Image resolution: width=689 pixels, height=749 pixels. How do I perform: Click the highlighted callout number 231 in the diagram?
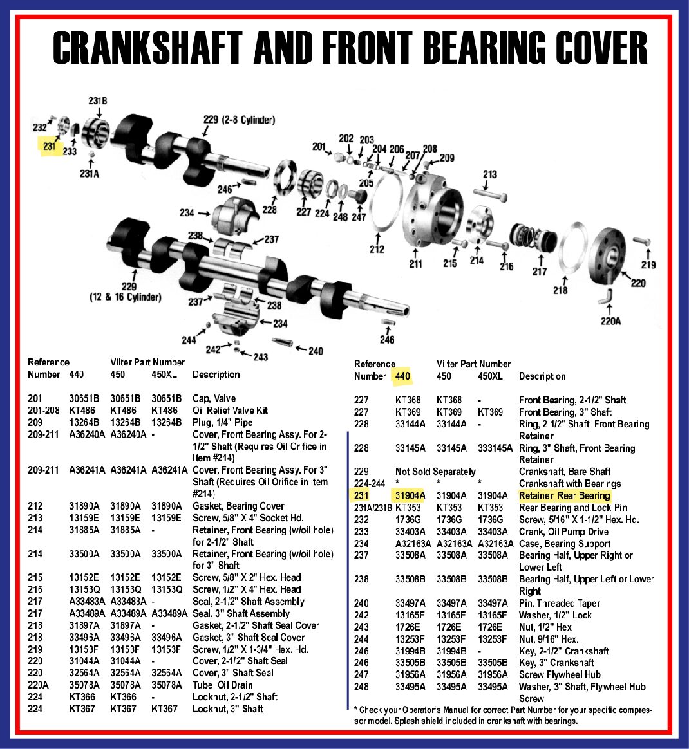point(50,147)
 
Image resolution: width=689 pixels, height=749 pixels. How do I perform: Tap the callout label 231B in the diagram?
point(97,101)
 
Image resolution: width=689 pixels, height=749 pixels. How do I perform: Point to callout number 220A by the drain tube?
point(610,320)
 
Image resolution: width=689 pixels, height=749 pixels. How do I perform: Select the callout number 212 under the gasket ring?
point(377,248)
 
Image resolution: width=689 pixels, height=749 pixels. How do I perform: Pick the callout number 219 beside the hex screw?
point(648,264)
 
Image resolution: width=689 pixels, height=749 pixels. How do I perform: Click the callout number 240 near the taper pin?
point(316,351)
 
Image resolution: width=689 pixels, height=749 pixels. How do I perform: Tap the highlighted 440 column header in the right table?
point(402,376)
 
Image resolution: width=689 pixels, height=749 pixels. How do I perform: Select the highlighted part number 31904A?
point(410,495)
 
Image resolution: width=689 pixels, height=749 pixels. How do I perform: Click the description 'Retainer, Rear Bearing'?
point(564,495)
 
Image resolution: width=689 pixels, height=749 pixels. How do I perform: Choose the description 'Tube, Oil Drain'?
point(223,685)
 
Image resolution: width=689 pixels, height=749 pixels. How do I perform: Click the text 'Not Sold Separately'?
point(435,472)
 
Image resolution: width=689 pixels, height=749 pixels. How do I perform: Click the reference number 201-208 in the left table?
point(44,410)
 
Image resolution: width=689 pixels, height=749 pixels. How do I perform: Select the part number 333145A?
point(495,448)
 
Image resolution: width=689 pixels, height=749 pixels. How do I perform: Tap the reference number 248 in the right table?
point(361,687)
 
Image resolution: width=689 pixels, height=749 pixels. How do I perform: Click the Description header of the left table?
point(216,374)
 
